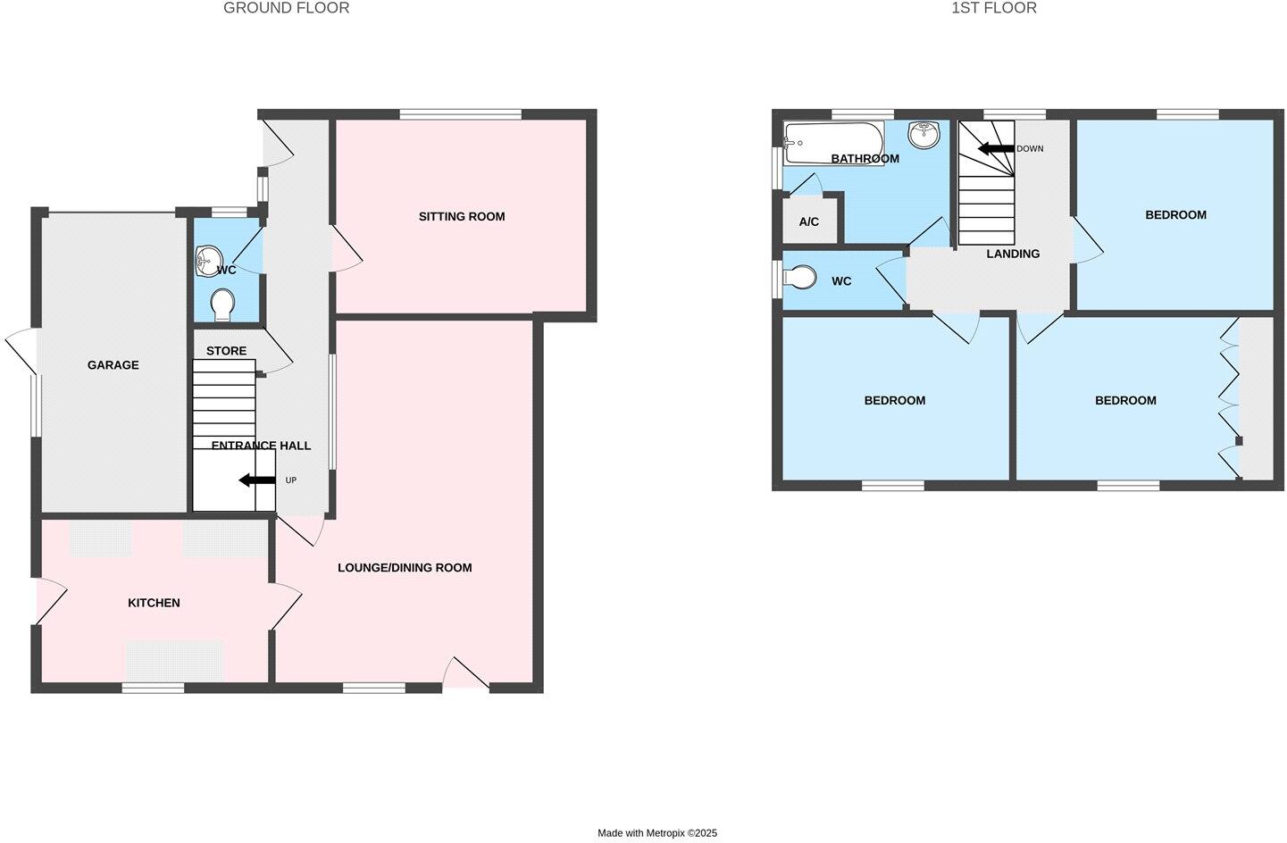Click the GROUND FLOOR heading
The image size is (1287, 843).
pos(286,8)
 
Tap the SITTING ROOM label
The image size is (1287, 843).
pos(462,216)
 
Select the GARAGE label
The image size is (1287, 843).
pos(113,364)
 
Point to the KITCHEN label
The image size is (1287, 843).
pos(154,603)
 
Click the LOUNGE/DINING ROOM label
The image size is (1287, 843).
pos(405,567)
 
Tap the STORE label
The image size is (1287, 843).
pos(226,351)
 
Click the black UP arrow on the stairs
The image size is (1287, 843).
pos(257,480)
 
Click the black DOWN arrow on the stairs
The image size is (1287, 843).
pos(996,148)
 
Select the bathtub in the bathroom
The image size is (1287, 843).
pos(832,142)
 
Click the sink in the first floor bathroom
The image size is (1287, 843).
pos(923,135)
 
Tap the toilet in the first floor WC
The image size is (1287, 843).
pos(800,279)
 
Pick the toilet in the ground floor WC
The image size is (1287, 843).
pos(222,305)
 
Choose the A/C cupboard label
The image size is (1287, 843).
pos(809,221)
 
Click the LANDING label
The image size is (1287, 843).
pos(1013,254)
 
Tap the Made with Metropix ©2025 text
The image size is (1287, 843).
pos(656,833)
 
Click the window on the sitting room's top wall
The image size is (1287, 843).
pos(460,113)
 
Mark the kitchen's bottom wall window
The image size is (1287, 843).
pos(153,687)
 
